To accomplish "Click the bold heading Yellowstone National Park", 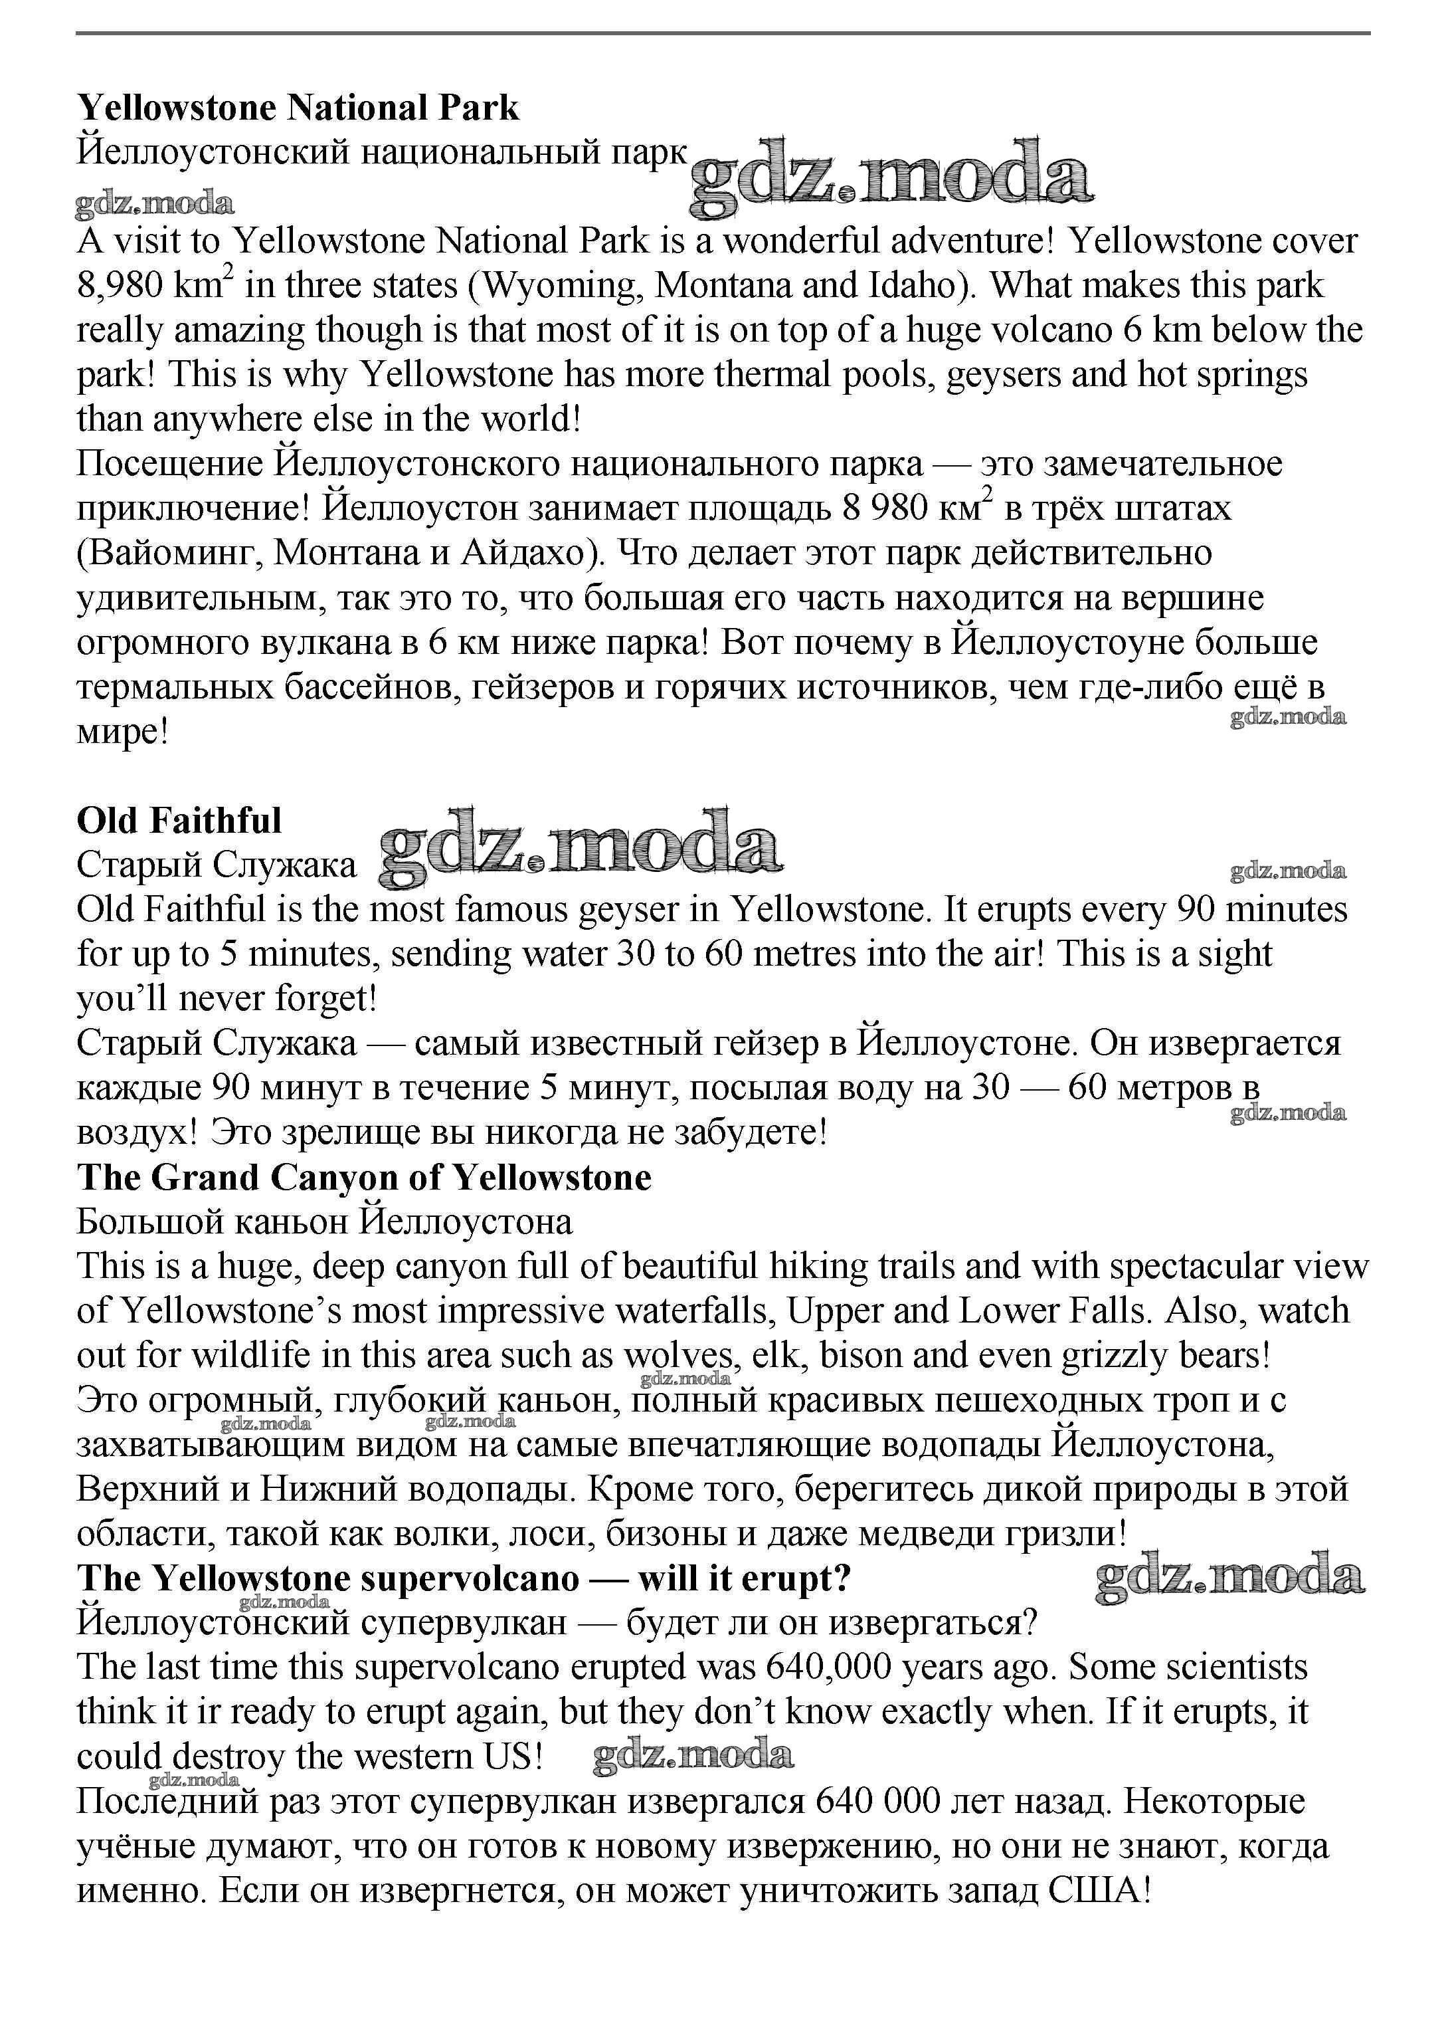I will pos(298,108).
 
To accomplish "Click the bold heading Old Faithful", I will pos(179,820).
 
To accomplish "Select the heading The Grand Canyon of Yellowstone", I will pos(364,1178).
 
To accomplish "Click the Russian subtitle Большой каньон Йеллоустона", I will pos(324,1222).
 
